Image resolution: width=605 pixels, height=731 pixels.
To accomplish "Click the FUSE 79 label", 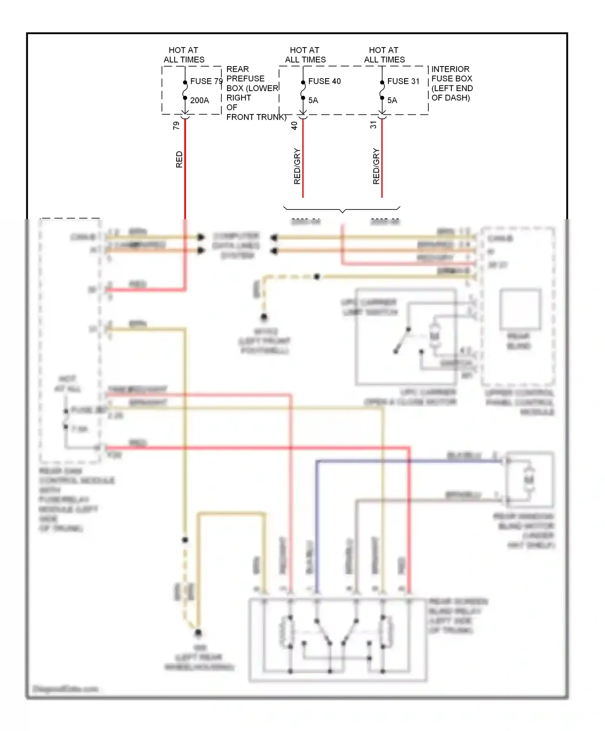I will pyautogui.click(x=206, y=81).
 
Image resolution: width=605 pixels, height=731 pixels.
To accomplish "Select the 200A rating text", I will pyautogui.click(x=199, y=100).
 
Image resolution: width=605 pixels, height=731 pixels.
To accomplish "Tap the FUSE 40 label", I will pyautogui.click(x=324, y=81).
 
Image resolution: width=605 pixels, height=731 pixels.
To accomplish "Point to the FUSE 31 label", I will pyautogui.click(x=403, y=81).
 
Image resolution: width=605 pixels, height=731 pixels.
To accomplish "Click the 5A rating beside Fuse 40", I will pyautogui.click(x=313, y=100).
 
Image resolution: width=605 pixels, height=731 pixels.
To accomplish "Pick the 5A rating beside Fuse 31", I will pyautogui.click(x=392, y=100).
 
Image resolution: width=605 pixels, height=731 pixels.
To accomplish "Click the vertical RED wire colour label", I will pyautogui.click(x=179, y=160).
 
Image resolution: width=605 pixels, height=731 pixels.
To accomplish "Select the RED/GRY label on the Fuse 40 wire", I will pyautogui.click(x=297, y=166).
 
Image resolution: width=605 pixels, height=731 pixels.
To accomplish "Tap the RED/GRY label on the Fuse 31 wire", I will pyautogui.click(x=376, y=166).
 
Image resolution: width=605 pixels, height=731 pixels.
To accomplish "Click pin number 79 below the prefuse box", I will pyautogui.click(x=176, y=126).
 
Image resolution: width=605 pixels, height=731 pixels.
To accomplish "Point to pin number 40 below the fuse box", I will pyautogui.click(x=294, y=126).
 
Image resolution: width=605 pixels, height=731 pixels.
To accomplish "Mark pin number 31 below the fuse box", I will pyautogui.click(x=373, y=125).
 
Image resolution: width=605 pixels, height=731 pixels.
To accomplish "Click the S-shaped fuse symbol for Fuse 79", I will pyautogui.click(x=185, y=90).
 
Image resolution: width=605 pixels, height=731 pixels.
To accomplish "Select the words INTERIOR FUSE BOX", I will pyautogui.click(x=451, y=74).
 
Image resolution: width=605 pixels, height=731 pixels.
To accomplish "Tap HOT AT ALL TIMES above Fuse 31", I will pyautogui.click(x=384, y=55).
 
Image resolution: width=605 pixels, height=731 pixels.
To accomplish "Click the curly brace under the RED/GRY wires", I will pyautogui.click(x=342, y=210).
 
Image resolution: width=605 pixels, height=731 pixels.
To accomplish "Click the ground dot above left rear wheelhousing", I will pyautogui.click(x=198, y=633).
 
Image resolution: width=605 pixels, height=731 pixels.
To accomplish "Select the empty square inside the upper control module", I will pyautogui.click(x=520, y=309).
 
